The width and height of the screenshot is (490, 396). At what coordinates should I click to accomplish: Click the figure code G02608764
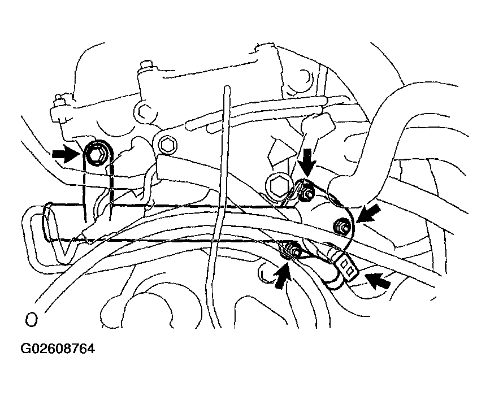click(x=58, y=349)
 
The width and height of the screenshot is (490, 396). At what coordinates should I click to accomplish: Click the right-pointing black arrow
click(x=66, y=154)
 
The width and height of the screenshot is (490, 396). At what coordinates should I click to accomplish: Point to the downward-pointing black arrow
click(x=307, y=162)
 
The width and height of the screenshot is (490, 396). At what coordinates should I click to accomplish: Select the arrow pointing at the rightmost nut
click(x=368, y=213)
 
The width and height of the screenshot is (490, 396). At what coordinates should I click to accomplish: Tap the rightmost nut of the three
click(x=342, y=226)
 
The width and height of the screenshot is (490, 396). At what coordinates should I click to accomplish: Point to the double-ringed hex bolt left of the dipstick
click(x=169, y=144)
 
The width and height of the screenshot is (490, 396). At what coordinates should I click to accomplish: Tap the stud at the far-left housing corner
click(x=58, y=99)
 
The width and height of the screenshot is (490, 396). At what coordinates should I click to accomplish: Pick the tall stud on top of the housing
click(x=145, y=67)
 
